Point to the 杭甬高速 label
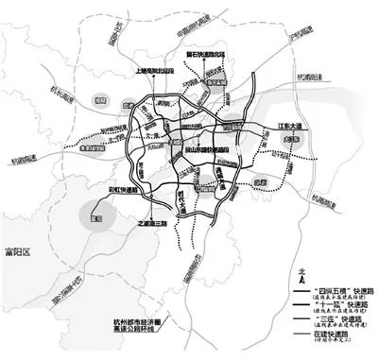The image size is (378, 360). point(324,197)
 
